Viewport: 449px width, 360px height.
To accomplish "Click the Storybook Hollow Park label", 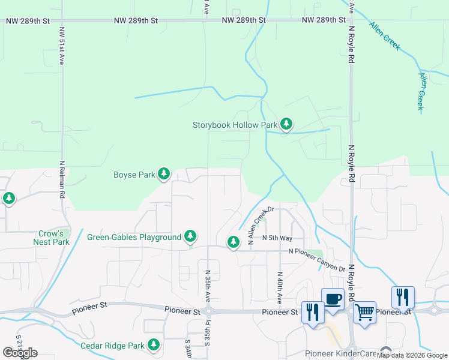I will pyautogui.click(x=235, y=125).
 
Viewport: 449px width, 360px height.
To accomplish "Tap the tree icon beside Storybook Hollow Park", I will pyautogui.click(x=286, y=124).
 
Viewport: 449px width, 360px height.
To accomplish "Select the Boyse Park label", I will pyautogui.click(x=134, y=175).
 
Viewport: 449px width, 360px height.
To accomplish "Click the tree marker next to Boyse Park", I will pyautogui.click(x=163, y=174).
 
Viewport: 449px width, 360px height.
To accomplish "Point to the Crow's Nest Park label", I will pyautogui.click(x=52, y=238).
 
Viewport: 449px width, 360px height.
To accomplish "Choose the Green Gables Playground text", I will pyautogui.click(x=134, y=237).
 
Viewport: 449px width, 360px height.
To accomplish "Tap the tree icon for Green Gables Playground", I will pyautogui.click(x=190, y=236).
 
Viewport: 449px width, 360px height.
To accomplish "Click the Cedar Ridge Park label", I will pyautogui.click(x=112, y=346).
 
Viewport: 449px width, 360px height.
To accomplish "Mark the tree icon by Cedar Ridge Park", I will pyautogui.click(x=154, y=344).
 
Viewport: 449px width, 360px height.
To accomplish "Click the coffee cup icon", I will pyautogui.click(x=333, y=299).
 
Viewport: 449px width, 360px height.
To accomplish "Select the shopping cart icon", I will pyautogui.click(x=364, y=312).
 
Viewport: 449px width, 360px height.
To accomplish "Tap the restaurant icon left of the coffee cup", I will pyautogui.click(x=313, y=312).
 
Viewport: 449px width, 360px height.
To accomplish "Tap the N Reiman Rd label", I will pyautogui.click(x=62, y=179).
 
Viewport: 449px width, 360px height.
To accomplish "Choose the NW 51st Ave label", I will pyautogui.click(x=61, y=46).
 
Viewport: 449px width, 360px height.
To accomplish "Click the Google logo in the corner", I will pyautogui.click(x=20, y=352).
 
